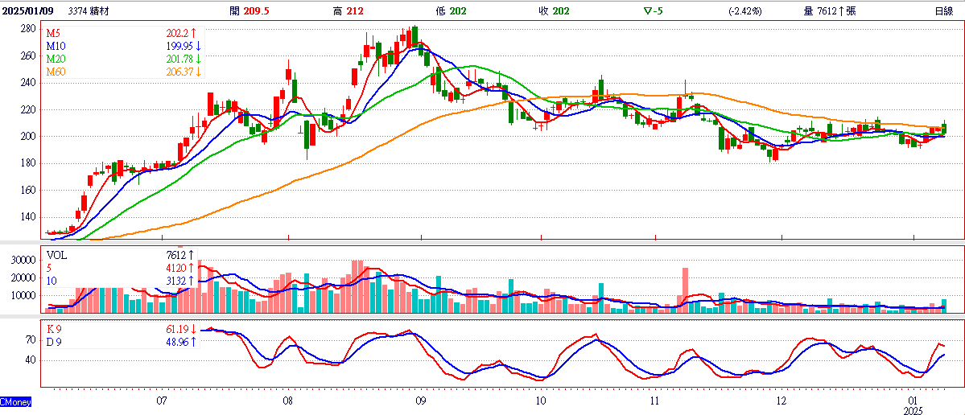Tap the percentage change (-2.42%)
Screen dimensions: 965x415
point(744,10)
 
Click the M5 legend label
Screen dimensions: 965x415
point(54,32)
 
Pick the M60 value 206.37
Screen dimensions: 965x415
point(179,72)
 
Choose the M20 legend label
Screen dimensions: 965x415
point(56,59)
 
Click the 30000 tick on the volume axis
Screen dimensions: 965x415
point(25,261)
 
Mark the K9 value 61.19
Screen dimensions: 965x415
point(179,329)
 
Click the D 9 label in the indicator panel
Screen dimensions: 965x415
point(55,342)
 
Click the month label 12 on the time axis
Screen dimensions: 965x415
point(781,401)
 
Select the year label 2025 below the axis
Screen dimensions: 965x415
point(914,410)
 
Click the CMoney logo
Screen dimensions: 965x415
point(15,402)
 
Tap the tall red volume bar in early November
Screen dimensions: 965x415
point(686,290)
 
